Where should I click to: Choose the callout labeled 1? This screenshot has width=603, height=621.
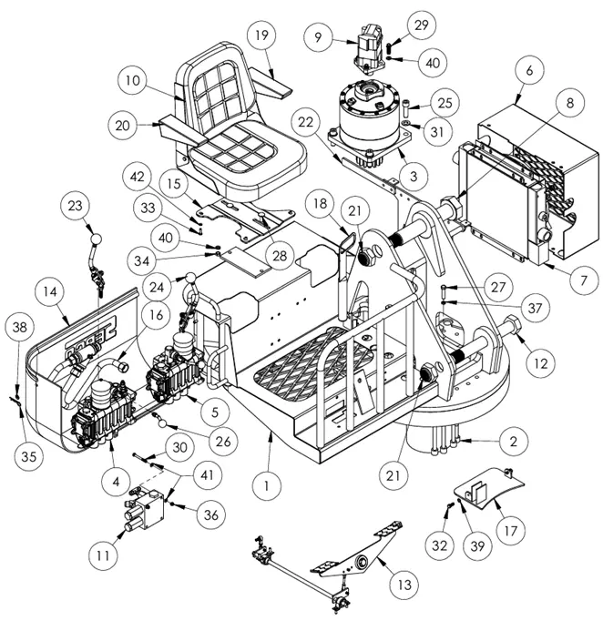pos(266,487)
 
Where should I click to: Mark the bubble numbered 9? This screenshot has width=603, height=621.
pos(319,37)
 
